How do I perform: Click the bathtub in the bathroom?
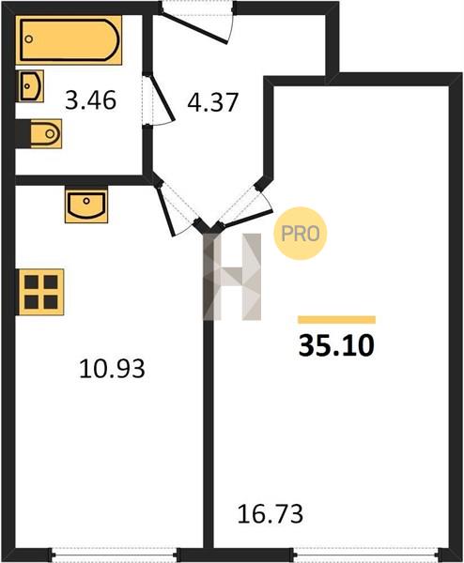coord(69,39)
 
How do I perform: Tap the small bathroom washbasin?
coord(31,85)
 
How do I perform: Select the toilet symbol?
coord(45,134)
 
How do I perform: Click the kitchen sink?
coord(86,204)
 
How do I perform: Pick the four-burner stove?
coord(41,292)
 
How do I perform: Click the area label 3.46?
coord(90,100)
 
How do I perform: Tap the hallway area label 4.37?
coord(213,102)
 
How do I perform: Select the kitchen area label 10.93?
coord(112,369)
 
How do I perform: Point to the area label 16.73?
coord(271,514)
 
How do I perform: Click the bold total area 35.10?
coord(336,345)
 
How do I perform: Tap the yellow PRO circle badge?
coord(301,234)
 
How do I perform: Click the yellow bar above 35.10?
coord(337,320)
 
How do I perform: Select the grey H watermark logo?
coord(232,277)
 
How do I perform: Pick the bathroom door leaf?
coord(161,97)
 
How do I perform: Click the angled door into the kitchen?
coord(166,212)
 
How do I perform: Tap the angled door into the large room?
coord(246,218)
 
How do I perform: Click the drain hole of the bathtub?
coord(29,39)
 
